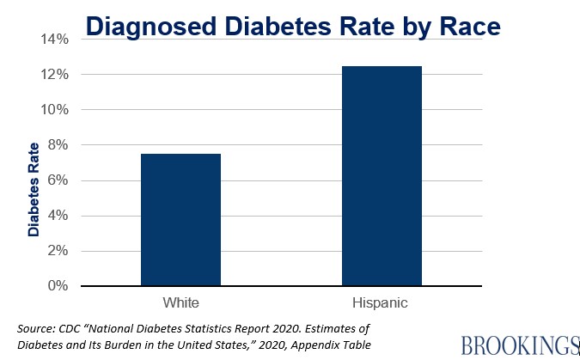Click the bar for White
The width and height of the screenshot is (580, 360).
coord(181,219)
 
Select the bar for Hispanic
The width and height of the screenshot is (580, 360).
coord(382,175)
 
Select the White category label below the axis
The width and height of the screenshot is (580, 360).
coord(181,303)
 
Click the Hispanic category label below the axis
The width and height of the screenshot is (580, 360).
coord(382,303)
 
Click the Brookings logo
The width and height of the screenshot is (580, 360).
coord(518,345)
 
